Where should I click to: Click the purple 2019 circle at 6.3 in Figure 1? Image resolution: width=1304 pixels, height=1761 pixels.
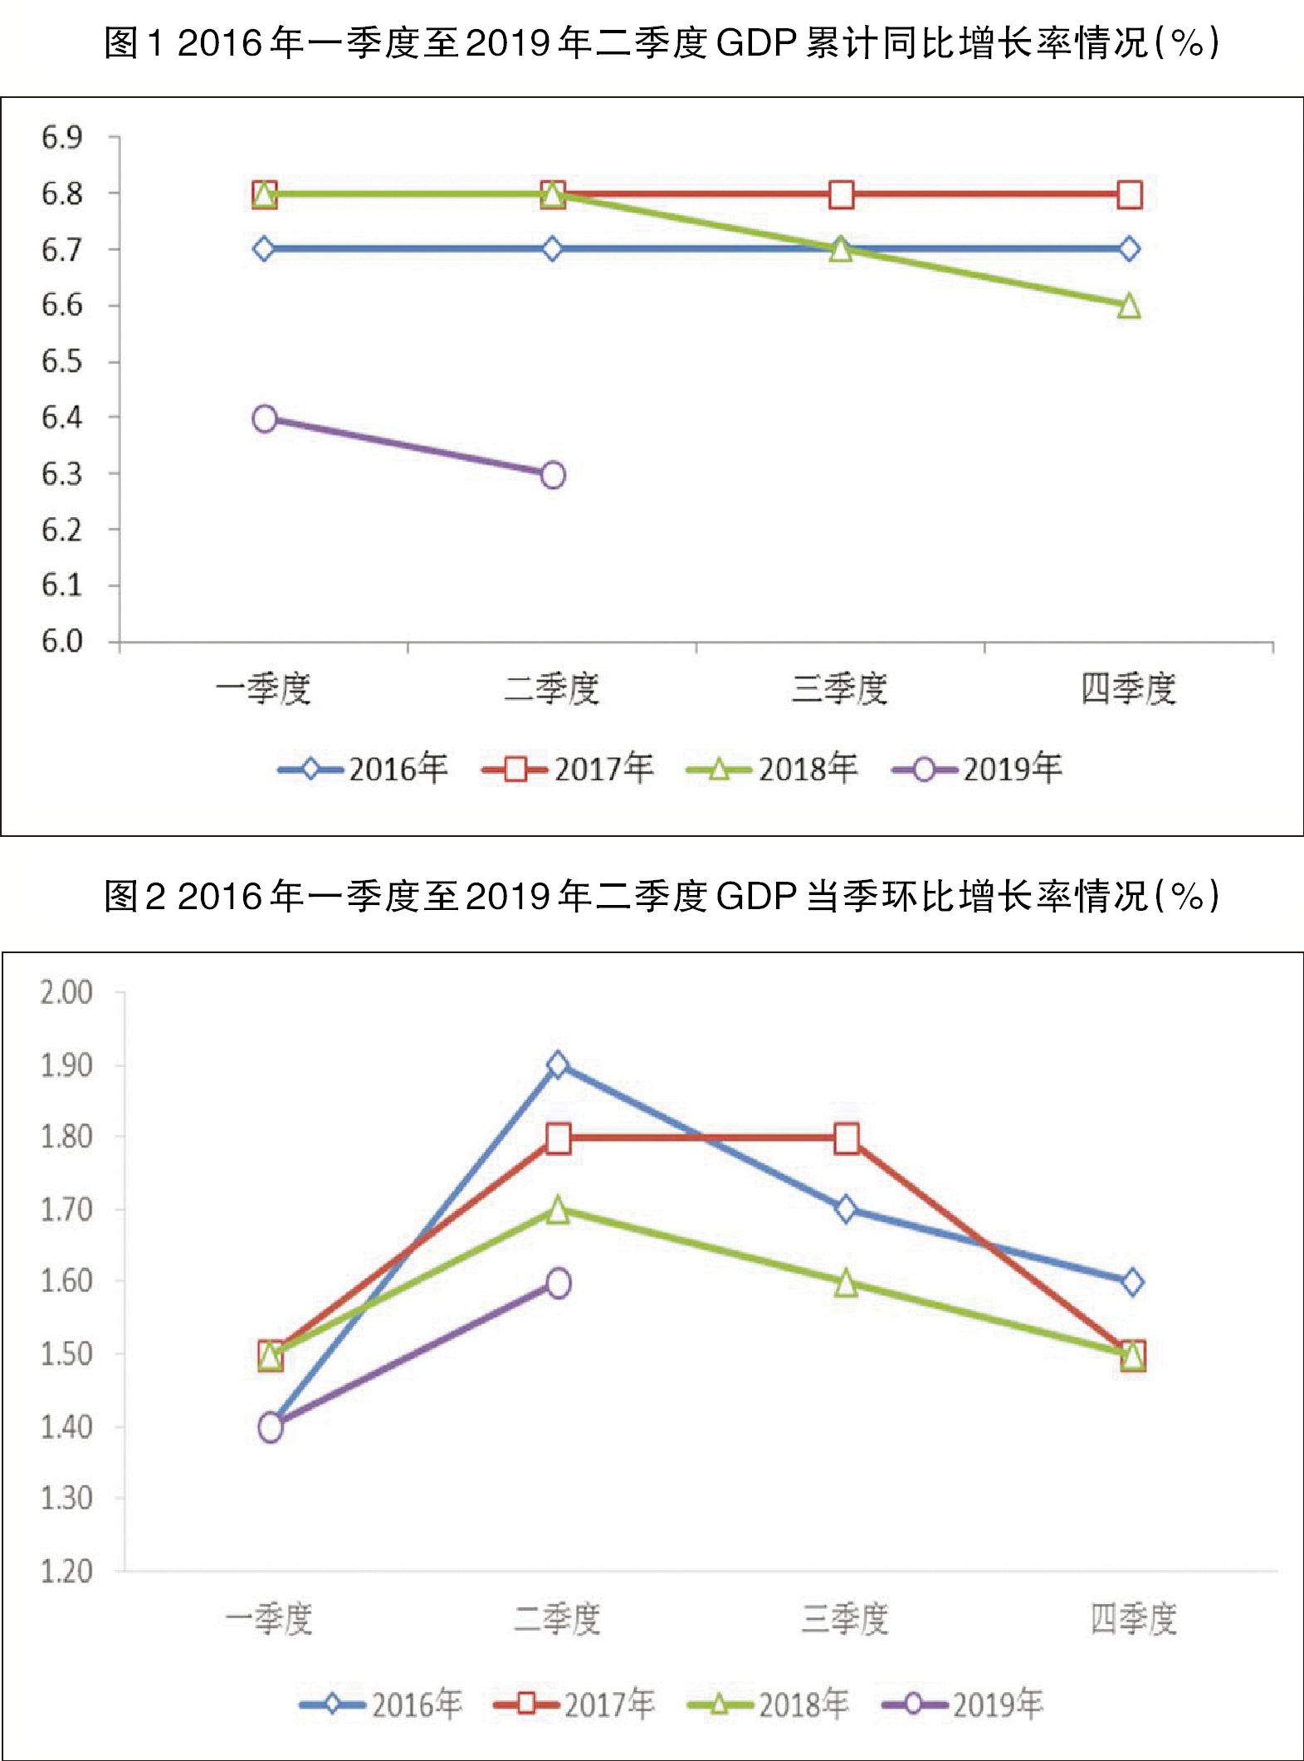[x=553, y=475]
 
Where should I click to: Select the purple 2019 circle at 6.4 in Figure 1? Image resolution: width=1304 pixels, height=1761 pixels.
[x=265, y=418]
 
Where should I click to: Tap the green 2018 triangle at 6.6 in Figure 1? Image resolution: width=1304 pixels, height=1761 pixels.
[x=1129, y=306]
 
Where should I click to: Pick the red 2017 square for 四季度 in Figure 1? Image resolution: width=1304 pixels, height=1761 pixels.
[x=1129, y=195]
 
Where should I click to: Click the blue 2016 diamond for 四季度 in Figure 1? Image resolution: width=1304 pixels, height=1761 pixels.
[x=1129, y=249]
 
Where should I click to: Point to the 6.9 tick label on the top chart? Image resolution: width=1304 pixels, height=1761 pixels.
[x=62, y=138]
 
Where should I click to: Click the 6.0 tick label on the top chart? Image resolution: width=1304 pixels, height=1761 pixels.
[x=62, y=642]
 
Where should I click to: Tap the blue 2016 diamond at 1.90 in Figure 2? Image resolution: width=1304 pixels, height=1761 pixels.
[x=558, y=1064]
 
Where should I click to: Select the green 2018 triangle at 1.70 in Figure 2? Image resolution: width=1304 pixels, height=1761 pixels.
[x=558, y=1210]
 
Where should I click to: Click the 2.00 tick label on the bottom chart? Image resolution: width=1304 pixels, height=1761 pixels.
[x=66, y=992]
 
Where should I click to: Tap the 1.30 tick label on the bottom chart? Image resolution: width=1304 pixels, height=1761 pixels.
[x=66, y=1499]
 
